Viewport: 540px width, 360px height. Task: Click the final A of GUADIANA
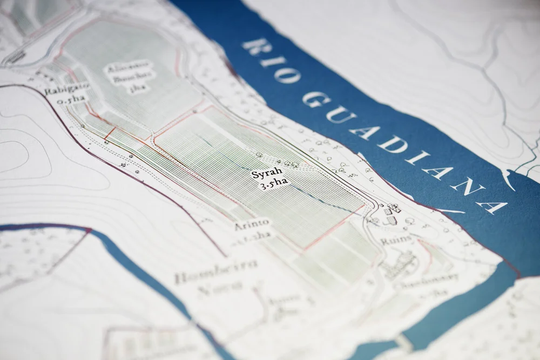(x=492, y=207)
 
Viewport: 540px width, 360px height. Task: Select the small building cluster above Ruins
(x=392, y=214)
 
